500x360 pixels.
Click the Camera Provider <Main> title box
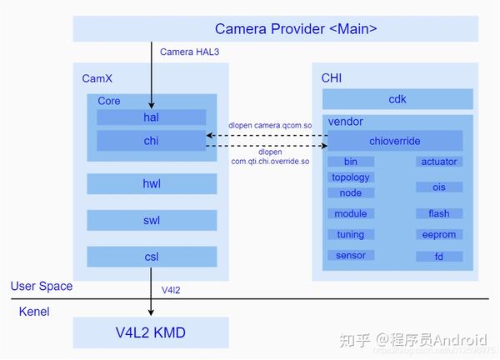pyautogui.click(x=275, y=28)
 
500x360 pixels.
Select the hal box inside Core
pyautogui.click(x=151, y=117)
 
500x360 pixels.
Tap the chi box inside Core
pyautogui.click(x=151, y=141)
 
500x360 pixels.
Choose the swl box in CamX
pyautogui.click(x=151, y=220)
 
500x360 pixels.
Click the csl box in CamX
pyautogui.click(x=151, y=257)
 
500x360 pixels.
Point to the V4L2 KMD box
pyautogui.click(x=151, y=333)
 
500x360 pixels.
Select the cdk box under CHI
pyautogui.click(x=397, y=99)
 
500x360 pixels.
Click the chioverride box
pyautogui.click(x=394, y=141)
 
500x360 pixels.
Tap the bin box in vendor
pyautogui.click(x=350, y=162)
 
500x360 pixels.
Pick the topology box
pyautogui.click(x=350, y=177)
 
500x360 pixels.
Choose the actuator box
pyautogui.click(x=439, y=162)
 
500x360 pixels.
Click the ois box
pyautogui.click(x=439, y=187)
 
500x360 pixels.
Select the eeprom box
pyautogui.click(x=439, y=235)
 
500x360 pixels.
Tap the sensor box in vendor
pyautogui.click(x=350, y=256)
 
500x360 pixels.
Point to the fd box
pyautogui.click(x=439, y=257)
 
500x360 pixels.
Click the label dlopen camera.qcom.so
pyautogui.click(x=270, y=126)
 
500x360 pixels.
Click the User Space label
pyautogui.click(x=42, y=287)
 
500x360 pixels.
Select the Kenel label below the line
pyautogui.click(x=35, y=312)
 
